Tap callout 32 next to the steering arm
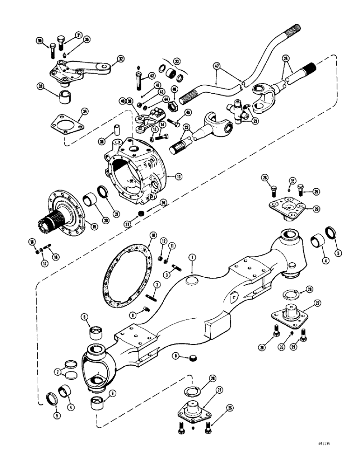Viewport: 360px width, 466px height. click(x=121, y=59)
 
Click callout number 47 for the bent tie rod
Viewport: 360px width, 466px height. click(x=216, y=67)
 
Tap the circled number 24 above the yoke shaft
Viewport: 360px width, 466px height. click(x=286, y=59)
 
